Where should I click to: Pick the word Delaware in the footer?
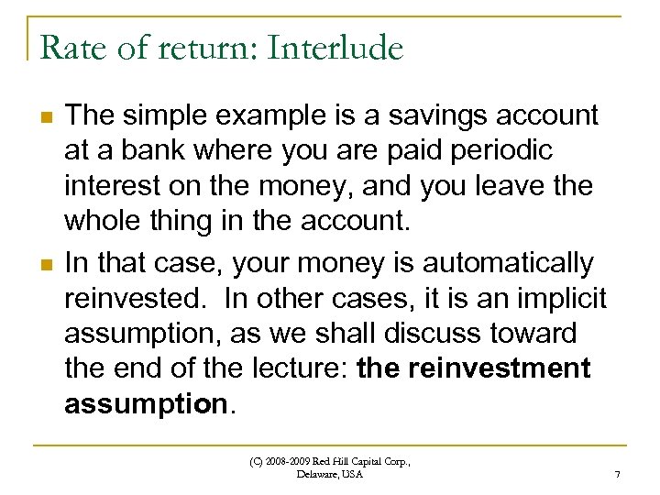[x=318, y=474]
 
